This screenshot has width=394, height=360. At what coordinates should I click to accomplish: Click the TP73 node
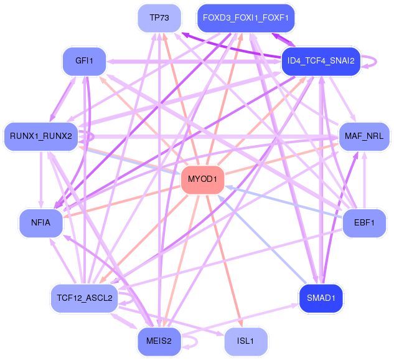pyautogui.click(x=160, y=17)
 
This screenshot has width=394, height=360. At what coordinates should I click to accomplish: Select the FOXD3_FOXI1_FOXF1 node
pyautogui.click(x=245, y=18)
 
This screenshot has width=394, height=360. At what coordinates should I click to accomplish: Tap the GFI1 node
pyautogui.click(x=83, y=61)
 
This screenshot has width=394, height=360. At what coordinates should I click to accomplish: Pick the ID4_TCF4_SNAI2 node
pyautogui.click(x=321, y=61)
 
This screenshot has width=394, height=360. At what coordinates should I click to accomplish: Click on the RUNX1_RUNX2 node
pyautogui.click(x=41, y=136)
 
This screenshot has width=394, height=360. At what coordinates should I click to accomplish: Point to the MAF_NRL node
pyautogui.click(x=364, y=136)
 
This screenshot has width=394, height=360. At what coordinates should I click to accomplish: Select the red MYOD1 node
pyautogui.click(x=202, y=179)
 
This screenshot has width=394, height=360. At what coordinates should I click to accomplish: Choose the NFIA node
pyautogui.click(x=41, y=222)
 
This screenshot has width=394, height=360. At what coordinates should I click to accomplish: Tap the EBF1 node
pyautogui.click(x=364, y=222)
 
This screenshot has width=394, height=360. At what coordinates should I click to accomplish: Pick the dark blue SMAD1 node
pyautogui.click(x=321, y=298)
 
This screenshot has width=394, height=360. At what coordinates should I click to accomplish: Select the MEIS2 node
pyautogui.click(x=159, y=341)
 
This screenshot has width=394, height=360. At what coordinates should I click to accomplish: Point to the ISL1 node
pyautogui.click(x=245, y=341)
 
